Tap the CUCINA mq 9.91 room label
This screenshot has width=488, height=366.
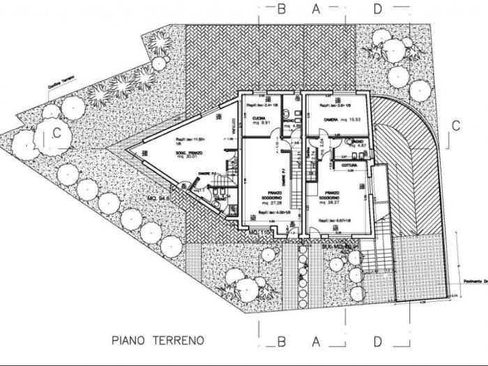pyautogui.click(x=261, y=123)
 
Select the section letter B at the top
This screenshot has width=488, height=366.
pyautogui.click(x=282, y=9)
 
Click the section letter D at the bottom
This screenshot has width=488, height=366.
pyautogui.click(x=377, y=343)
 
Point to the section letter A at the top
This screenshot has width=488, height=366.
pyautogui.click(x=315, y=9)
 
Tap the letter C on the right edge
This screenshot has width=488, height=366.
pyautogui.click(x=455, y=126)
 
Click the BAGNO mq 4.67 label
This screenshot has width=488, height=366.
pyautogui.click(x=354, y=144)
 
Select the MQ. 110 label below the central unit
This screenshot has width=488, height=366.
pyautogui.click(x=259, y=231)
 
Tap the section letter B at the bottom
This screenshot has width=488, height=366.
pyautogui.click(x=282, y=343)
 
